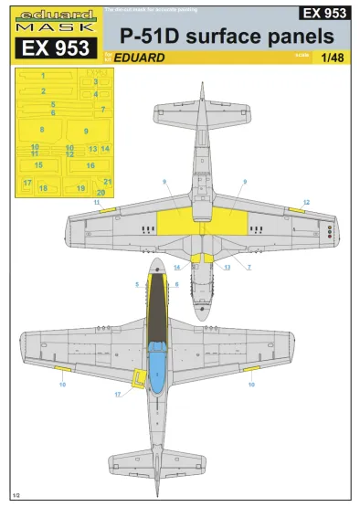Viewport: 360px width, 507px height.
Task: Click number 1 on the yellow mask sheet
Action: [x=43, y=77]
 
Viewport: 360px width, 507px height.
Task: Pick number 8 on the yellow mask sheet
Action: [x=41, y=130]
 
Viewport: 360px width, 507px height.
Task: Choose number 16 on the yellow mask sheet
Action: [x=90, y=165]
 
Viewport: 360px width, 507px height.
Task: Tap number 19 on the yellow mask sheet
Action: [x=81, y=187]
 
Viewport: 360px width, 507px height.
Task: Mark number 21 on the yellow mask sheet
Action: [x=107, y=182]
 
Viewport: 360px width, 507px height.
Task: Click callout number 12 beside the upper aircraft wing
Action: [x=307, y=201]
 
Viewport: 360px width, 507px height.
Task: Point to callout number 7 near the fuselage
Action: [x=249, y=267]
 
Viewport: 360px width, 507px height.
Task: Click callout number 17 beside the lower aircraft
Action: [x=118, y=394]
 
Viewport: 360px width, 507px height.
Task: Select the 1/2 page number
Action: [x=16, y=494]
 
